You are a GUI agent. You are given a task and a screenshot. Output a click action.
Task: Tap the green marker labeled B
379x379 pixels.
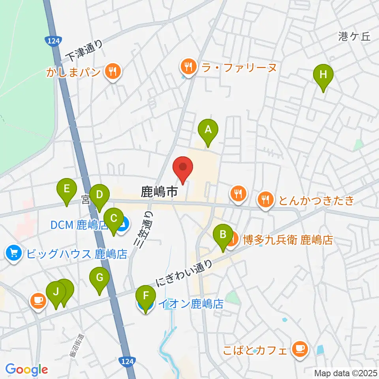pyautogui.click(x=223, y=235)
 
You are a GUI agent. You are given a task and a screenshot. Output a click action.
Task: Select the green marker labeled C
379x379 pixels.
pyautogui.click(x=114, y=218)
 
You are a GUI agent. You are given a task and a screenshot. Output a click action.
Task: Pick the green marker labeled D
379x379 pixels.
pyautogui.click(x=99, y=195)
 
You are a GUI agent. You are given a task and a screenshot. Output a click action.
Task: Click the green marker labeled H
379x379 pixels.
pyautogui.click(x=323, y=74)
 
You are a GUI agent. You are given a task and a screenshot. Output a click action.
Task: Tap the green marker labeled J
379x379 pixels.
pyautogui.click(x=56, y=293)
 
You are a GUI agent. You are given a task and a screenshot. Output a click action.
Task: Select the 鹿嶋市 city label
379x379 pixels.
pyautogui.click(x=159, y=193)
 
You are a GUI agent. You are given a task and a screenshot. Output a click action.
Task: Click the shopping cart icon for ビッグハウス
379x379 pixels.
pyautogui.click(x=14, y=253)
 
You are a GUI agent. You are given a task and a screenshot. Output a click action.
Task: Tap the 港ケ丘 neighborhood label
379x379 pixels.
pyautogui.click(x=355, y=37)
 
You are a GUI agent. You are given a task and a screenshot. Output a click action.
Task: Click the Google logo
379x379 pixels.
pyautogui.click(x=26, y=370)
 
